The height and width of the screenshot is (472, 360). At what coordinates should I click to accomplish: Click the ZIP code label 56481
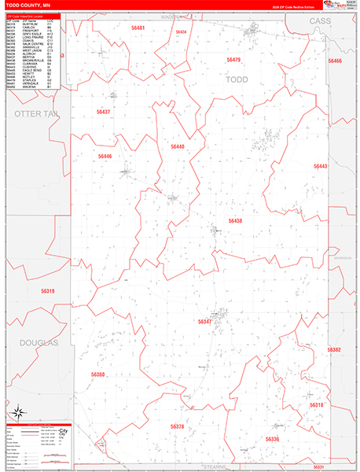coord(139,28)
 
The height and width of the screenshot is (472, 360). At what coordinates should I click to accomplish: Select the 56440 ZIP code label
coord(178,147)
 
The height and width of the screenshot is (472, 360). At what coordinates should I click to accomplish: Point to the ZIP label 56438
coord(235,221)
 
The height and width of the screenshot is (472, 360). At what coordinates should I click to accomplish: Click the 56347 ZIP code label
coord(204,322)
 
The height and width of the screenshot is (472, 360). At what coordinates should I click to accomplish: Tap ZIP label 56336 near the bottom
coord(272,439)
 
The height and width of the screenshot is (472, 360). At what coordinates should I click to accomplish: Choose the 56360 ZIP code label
coord(97,374)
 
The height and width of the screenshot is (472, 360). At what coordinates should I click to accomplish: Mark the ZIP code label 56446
coord(105,157)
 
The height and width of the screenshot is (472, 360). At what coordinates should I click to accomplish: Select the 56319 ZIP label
coord(47,292)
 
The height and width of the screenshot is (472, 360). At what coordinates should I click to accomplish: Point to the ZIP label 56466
coord(336,61)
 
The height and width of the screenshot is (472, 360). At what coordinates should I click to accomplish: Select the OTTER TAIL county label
coord(36,115)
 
